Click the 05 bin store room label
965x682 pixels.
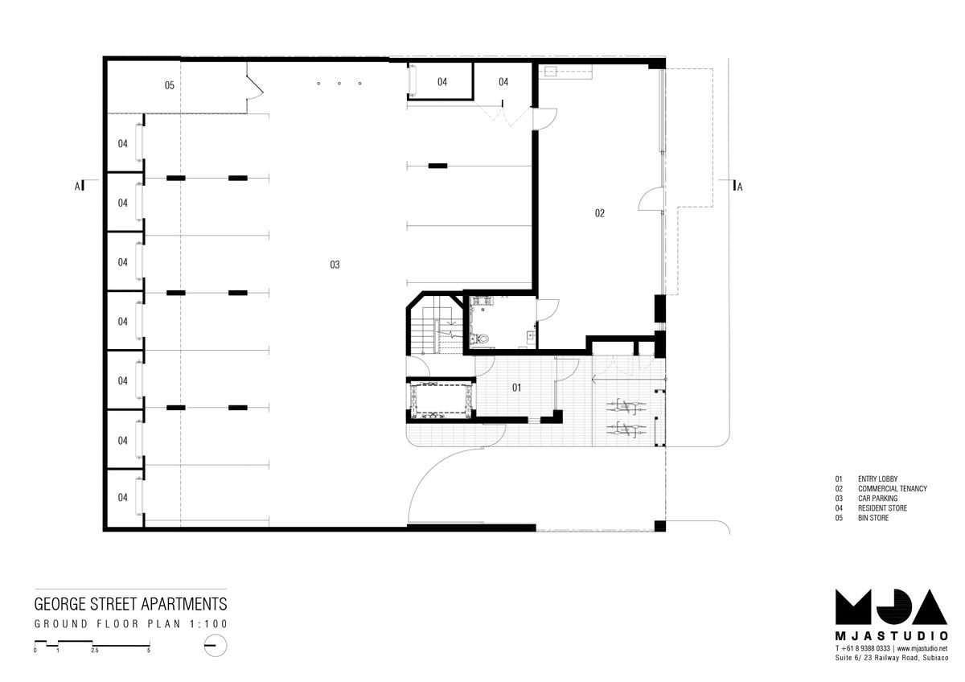(x=170, y=85)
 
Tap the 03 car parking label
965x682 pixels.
(x=335, y=265)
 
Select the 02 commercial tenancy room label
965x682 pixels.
(x=600, y=213)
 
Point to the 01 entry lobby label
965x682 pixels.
(x=516, y=388)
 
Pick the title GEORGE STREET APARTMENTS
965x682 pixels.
(x=130, y=604)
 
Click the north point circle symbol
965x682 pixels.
(x=216, y=645)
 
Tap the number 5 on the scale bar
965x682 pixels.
(x=149, y=651)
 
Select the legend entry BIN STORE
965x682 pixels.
(x=873, y=518)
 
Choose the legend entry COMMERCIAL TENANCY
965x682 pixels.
(x=892, y=488)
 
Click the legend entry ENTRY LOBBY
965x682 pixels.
(x=877, y=479)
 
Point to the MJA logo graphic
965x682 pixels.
(x=891, y=606)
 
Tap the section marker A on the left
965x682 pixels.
(x=77, y=186)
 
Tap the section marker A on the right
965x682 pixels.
(x=740, y=187)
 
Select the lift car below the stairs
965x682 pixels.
(x=441, y=399)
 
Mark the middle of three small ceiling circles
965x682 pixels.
(x=339, y=83)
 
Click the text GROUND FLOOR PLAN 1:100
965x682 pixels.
(x=130, y=624)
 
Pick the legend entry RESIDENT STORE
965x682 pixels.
(x=882, y=508)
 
